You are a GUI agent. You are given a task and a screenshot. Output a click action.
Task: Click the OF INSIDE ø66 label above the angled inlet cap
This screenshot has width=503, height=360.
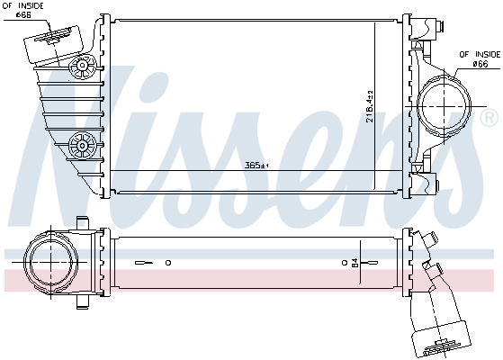25,11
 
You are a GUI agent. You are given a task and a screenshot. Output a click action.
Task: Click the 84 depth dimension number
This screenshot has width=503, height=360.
354,263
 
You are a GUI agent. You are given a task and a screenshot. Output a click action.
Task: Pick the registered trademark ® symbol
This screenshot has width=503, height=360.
489,118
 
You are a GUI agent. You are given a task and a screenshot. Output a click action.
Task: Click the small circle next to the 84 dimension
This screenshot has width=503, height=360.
345,263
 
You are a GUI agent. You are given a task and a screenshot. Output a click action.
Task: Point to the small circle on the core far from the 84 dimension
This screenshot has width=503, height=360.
168,263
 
